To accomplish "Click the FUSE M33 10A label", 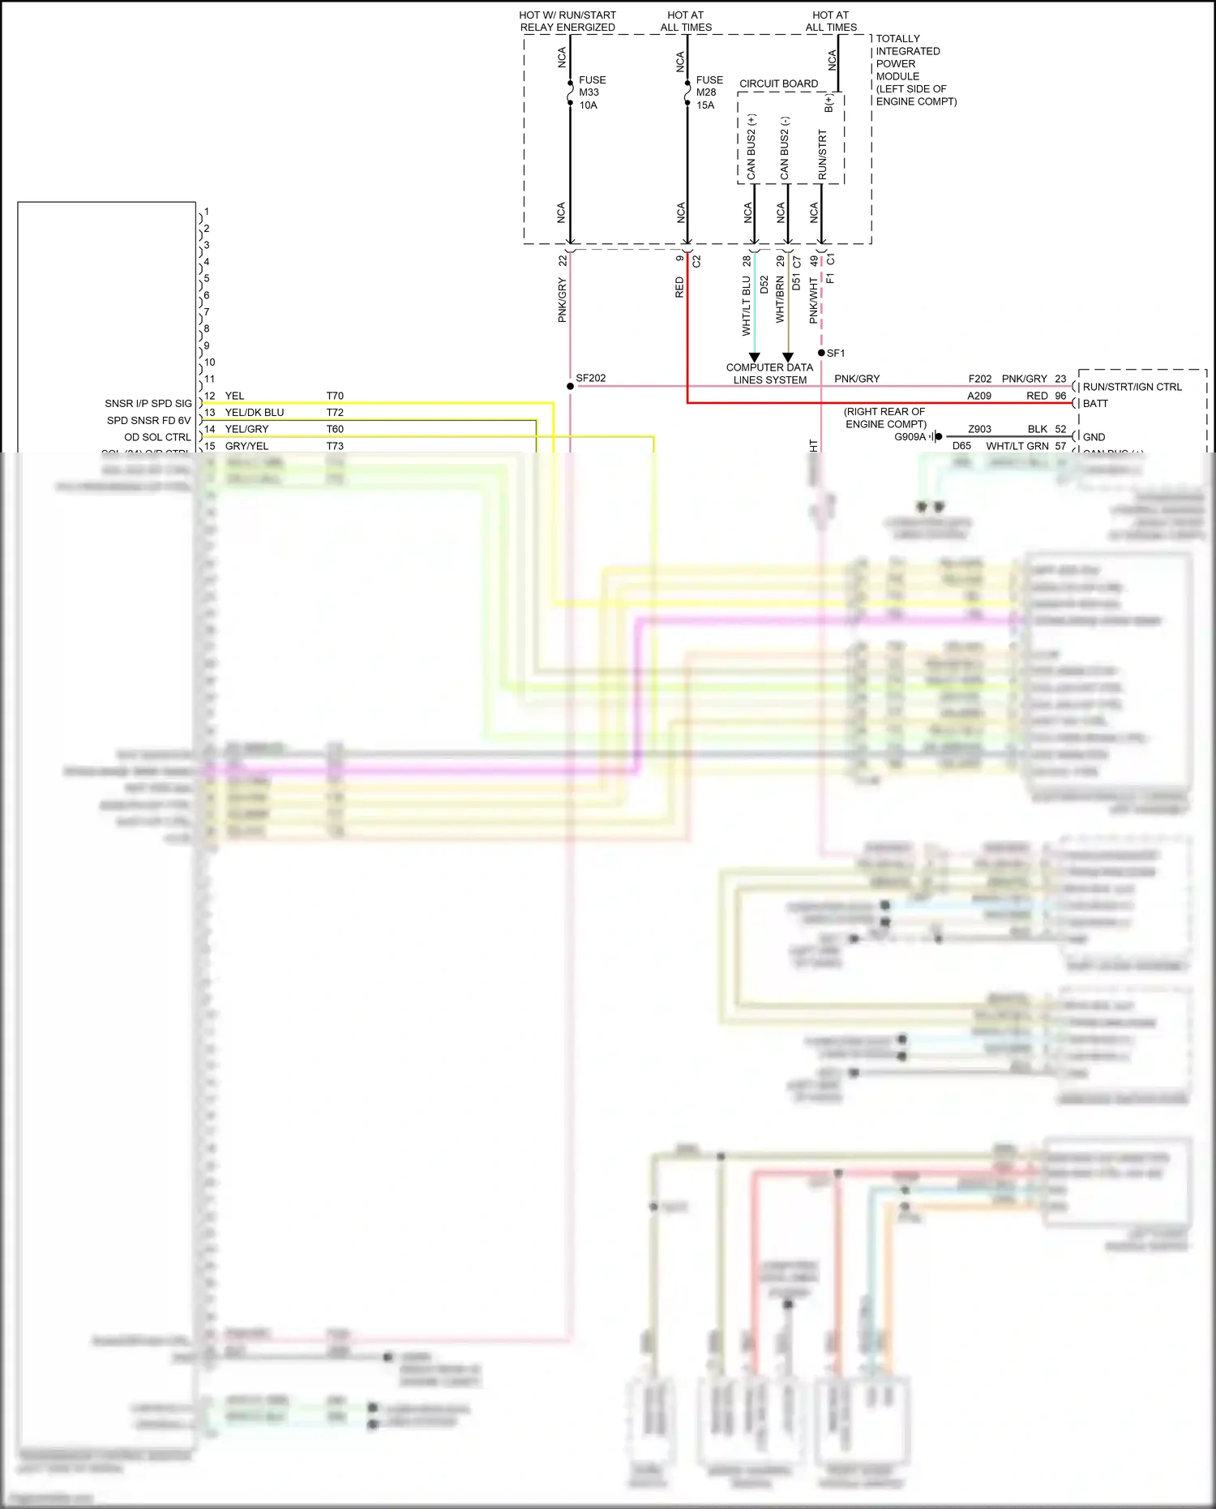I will pos(591,92).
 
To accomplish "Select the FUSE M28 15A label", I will pos(709,92).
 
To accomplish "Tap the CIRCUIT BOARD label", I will pos(778,84).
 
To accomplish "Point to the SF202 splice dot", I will pos(570,386).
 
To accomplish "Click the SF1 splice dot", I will pos(821,353).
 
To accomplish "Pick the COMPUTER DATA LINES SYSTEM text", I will pos(769,373).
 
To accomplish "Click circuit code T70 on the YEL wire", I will pos(335,396).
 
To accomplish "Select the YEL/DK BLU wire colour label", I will pos(254,412).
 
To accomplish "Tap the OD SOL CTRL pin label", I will pos(157,437).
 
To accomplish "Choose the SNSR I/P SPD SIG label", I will pos(148,403).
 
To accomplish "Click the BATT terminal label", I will pos(1095,403).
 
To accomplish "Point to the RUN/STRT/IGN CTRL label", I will pos(1132,387).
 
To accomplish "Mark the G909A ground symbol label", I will pos(910,436).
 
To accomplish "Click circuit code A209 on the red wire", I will pos(979,396).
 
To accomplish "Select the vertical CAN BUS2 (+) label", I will pos(751,147).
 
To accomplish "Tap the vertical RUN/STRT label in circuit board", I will pos(822,154).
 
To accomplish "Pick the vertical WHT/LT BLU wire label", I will pos(747,306).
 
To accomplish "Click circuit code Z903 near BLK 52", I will pos(979,429).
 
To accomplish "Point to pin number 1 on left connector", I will pos(207,212).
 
